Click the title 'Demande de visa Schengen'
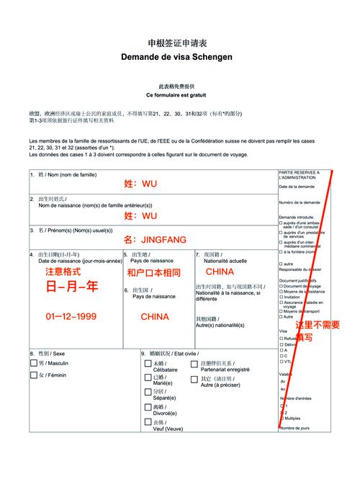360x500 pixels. click(x=181, y=57)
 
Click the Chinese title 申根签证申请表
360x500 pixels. click(x=181, y=43)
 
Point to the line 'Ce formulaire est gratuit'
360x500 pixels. click(x=181, y=95)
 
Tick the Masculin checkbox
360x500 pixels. click(x=33, y=364)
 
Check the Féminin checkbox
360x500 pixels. click(x=33, y=376)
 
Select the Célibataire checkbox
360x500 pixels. click(x=148, y=365)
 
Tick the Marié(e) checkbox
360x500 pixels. click(x=148, y=379)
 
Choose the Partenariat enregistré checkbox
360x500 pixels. click(x=194, y=365)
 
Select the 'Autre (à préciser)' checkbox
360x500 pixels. click(x=194, y=380)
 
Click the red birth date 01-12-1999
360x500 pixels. click(x=70, y=316)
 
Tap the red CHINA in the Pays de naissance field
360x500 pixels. click(x=154, y=316)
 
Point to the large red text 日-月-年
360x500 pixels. click(x=72, y=287)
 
